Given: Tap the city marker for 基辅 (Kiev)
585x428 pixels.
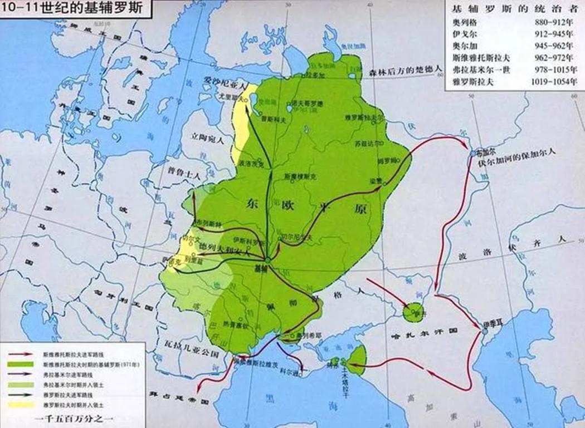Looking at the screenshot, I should tap(268, 260).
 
